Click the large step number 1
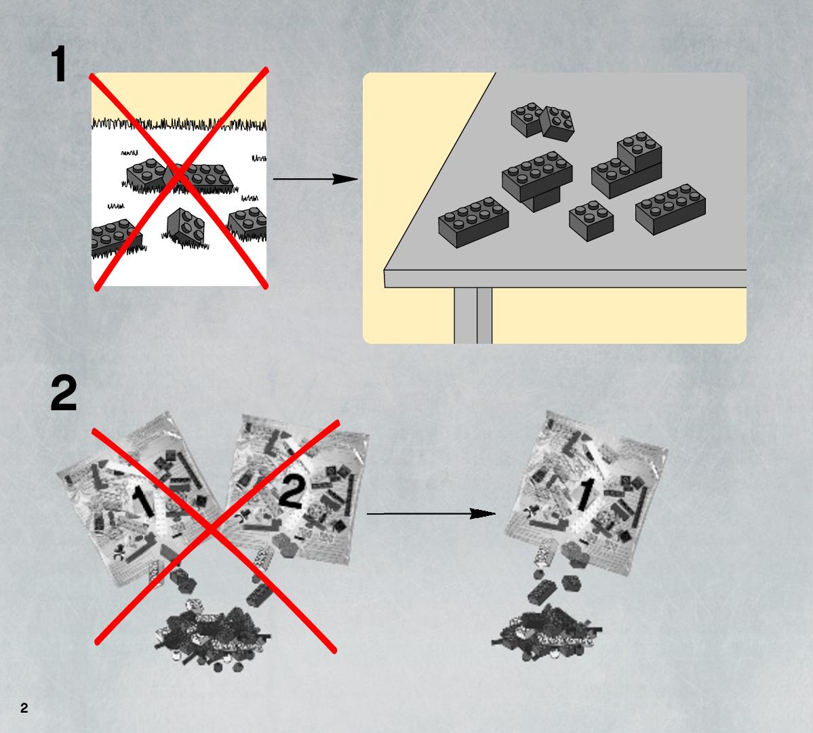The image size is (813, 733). click(59, 64)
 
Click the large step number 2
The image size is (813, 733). click(64, 393)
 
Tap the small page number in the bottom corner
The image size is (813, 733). click(24, 708)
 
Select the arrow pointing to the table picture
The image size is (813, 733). click(315, 179)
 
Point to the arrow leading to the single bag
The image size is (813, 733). click(431, 514)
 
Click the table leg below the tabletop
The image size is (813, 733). click(473, 315)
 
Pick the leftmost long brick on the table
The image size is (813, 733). click(473, 221)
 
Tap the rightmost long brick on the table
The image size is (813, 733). click(671, 209)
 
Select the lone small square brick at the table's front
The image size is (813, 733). click(591, 221)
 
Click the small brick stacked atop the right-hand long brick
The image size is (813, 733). click(639, 151)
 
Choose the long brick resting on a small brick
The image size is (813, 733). click(537, 176)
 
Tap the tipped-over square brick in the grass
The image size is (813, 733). click(186, 226)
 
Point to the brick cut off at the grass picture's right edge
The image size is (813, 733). click(248, 223)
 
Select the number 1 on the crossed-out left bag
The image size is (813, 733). click(143, 501)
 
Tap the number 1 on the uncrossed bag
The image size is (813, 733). click(584, 494)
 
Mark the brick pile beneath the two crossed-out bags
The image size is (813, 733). click(213, 634)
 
